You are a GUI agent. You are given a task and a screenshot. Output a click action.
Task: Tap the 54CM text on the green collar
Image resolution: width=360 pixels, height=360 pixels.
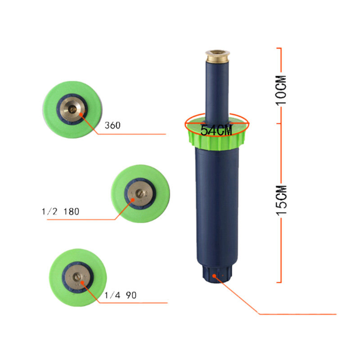(x=216, y=130)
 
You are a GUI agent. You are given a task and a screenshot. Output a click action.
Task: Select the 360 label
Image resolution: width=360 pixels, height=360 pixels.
(x=112, y=126)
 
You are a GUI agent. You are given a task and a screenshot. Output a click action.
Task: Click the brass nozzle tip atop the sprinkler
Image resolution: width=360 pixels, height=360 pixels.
(x=218, y=57)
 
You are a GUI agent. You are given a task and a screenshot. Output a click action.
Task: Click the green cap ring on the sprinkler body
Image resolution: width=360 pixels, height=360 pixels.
(x=216, y=139)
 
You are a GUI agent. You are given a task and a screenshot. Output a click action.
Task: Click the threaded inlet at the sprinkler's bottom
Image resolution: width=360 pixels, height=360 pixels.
(x=216, y=275)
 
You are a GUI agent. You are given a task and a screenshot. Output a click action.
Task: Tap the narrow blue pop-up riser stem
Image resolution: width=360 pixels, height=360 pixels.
(x=217, y=90)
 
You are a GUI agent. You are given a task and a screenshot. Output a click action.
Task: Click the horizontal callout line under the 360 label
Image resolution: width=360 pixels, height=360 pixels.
(x=135, y=134)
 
